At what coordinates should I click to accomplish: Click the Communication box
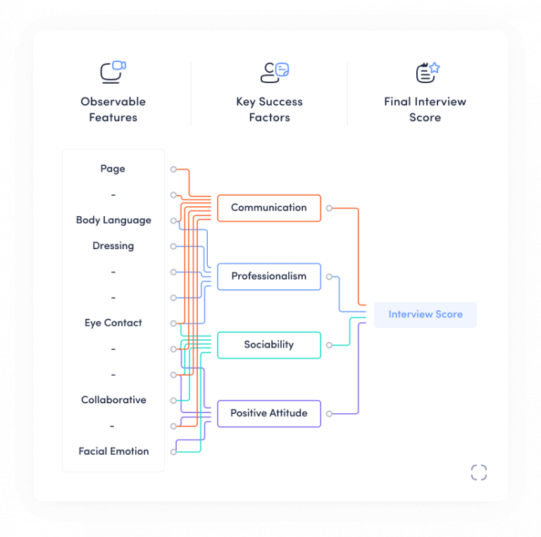point(268,208)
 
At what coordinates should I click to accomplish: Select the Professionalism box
point(268,276)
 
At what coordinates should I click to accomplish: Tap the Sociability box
point(268,345)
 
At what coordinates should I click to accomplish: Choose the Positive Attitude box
point(268,413)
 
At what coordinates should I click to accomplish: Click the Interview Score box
point(425,315)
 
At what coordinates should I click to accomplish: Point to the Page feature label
point(113,169)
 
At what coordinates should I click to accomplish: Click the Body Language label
point(113,220)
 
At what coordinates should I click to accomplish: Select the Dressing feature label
point(113,246)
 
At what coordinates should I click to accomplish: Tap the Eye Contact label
point(113,323)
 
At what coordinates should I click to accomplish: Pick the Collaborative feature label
point(113,400)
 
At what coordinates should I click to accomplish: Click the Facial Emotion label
point(113,451)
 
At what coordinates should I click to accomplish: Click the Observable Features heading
point(113,109)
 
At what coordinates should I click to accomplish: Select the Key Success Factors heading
point(269,109)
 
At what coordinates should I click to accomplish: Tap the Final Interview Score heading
point(425,109)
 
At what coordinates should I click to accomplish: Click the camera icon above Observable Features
point(113,72)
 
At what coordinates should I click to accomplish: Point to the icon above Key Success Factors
point(275,72)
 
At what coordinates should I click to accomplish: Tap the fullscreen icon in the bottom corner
point(479,472)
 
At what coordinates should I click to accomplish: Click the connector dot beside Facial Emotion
point(173,452)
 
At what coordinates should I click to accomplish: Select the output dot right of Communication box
point(329,208)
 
